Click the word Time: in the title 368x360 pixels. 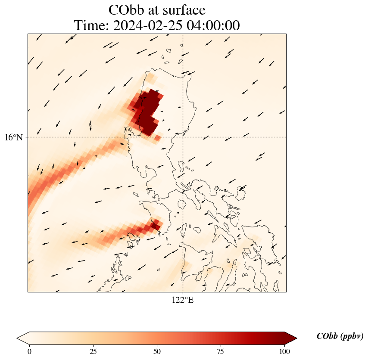coord(92,25)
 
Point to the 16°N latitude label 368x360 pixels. coord(14,137)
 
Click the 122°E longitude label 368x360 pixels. coord(183,300)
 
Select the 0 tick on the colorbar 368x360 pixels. coord(29,351)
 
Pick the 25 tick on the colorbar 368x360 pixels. coord(93,351)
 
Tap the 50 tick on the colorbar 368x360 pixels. coord(157,351)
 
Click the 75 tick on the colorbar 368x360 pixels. coord(221,351)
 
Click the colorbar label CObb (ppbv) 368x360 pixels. coord(340,336)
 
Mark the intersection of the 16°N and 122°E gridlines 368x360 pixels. coord(183,137)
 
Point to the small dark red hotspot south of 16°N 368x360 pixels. coord(155,225)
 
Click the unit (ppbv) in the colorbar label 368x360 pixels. coord(352,336)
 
